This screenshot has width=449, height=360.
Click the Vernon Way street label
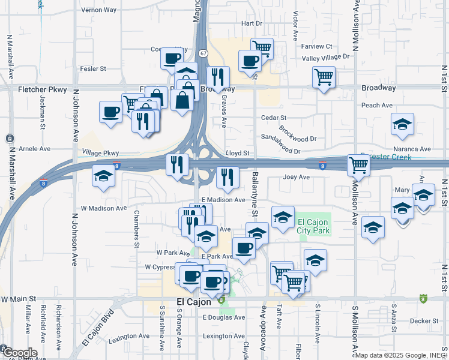(99, 10)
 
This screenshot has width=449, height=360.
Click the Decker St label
(423, 320)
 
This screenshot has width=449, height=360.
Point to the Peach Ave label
(377, 106)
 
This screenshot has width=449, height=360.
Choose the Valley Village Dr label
(325, 57)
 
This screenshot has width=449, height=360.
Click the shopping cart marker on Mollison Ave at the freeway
(358, 164)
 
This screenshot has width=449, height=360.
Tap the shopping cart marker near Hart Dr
(262, 47)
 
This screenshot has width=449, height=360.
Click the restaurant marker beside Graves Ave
(218, 77)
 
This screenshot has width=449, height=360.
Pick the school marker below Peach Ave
(402, 124)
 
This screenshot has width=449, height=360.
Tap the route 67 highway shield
(203, 53)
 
